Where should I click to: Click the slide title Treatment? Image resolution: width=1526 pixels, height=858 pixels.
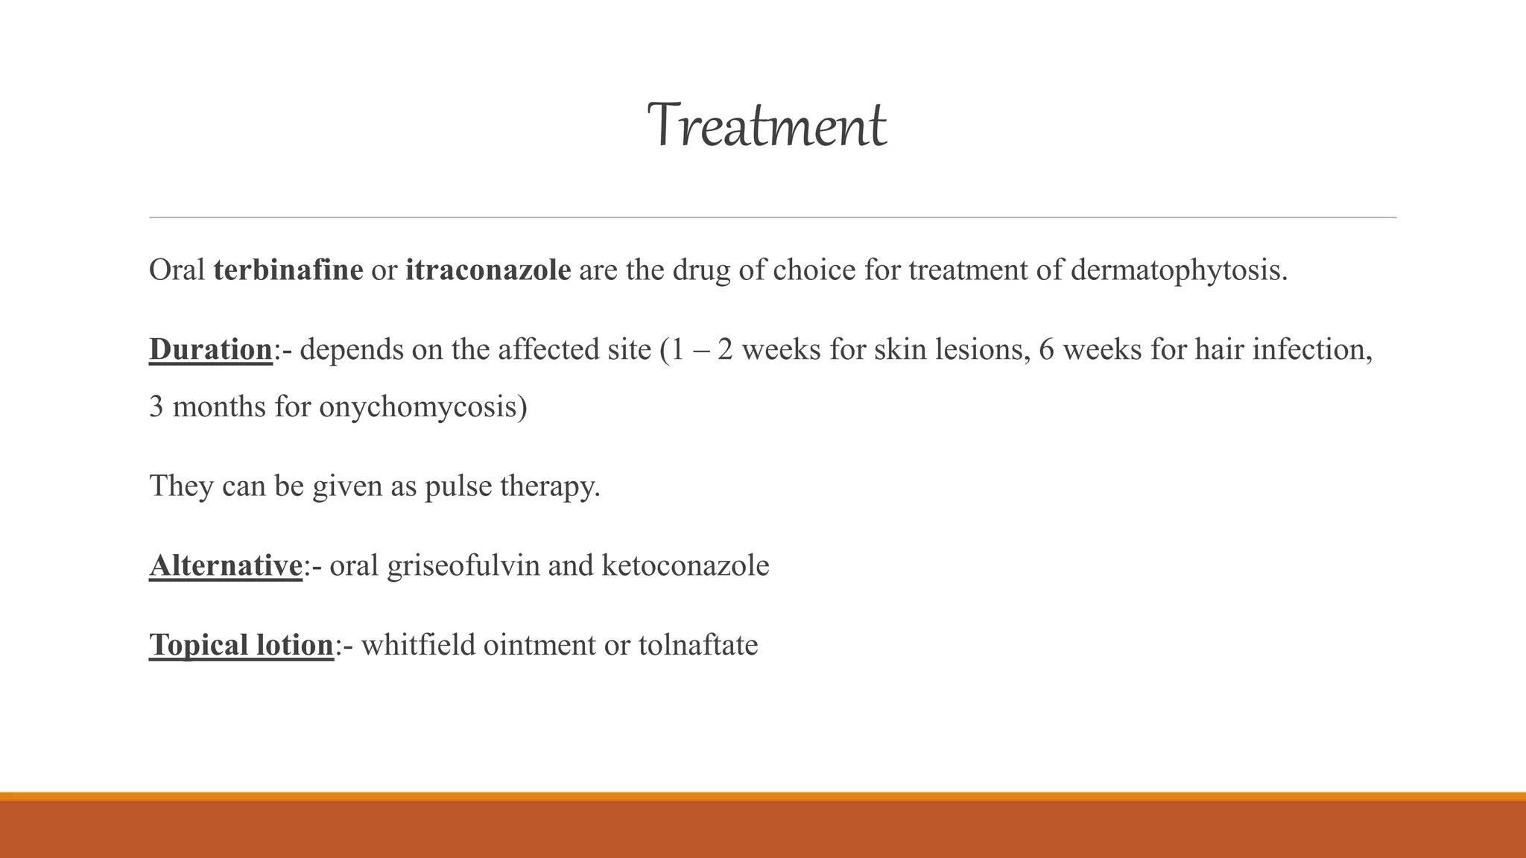(767, 126)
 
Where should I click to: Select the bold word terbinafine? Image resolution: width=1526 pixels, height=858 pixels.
(288, 270)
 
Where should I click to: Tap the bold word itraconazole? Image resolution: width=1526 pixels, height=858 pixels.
(488, 270)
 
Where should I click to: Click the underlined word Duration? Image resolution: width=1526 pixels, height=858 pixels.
(211, 349)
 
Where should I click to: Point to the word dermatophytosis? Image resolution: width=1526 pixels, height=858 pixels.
(1178, 270)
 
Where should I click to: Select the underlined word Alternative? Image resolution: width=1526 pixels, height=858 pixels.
(226, 565)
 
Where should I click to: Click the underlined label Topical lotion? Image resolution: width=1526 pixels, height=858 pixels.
(241, 645)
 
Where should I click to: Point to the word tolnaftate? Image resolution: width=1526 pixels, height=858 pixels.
(698, 645)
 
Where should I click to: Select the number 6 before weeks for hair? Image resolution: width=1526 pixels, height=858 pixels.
(1046, 349)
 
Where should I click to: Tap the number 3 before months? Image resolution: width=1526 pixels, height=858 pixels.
(156, 407)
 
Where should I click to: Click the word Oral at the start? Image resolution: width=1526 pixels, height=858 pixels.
(177, 270)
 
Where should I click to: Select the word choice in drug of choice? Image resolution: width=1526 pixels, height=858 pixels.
(814, 270)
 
